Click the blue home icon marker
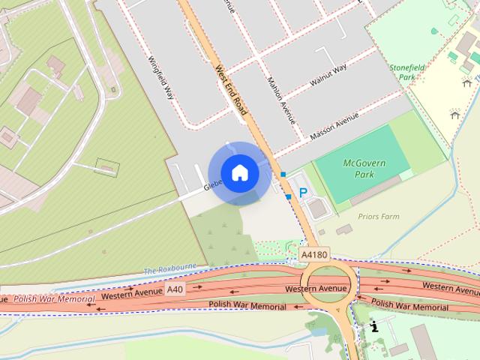point(239,172)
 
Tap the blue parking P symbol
point(304,193)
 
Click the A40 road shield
point(175,289)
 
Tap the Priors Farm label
point(379,217)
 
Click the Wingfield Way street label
point(160,79)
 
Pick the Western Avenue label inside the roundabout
point(316,289)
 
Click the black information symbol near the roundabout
point(374,327)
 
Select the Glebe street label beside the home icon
point(213,184)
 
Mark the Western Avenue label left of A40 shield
point(132,295)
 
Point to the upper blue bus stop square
point(283,175)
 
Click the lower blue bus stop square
point(289,196)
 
